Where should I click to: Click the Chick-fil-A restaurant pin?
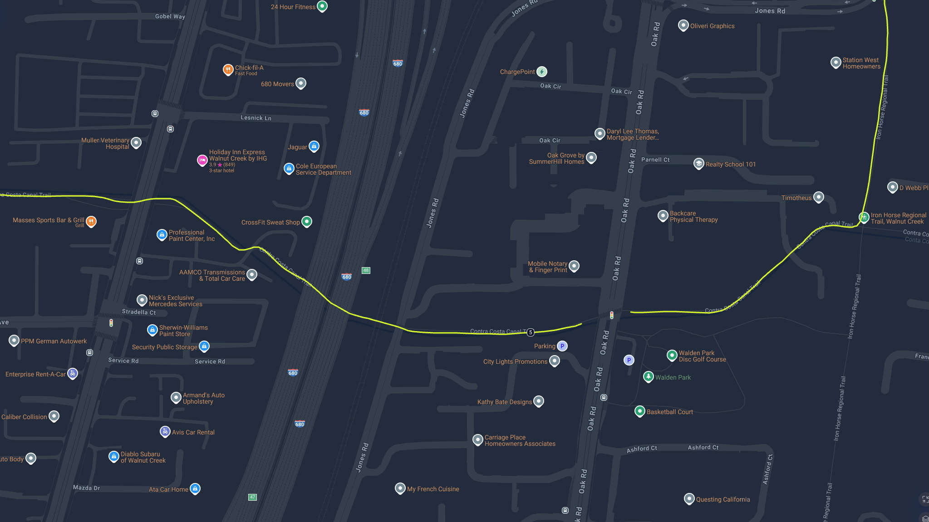pos(228,69)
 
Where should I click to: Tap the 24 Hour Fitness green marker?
pos(322,6)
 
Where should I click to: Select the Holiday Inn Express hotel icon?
pos(202,160)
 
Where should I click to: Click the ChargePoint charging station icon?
pos(541,72)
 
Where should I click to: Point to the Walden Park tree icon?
pos(649,376)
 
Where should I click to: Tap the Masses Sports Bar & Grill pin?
pos(91,221)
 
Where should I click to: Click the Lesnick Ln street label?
pos(256,118)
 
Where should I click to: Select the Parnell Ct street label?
pos(655,160)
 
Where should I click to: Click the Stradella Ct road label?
pos(139,312)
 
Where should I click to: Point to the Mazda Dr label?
pos(86,488)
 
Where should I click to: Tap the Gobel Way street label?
pos(170,16)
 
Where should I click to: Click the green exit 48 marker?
pos(366,270)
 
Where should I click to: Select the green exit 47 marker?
pos(253,497)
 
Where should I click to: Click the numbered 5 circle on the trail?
pos(531,332)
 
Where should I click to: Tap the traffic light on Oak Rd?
pos(612,315)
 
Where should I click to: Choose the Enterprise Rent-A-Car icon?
pos(73,373)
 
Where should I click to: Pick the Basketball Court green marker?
pos(639,411)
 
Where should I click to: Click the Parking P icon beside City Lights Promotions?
pos(562,346)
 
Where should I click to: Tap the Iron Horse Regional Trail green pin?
pos(864,217)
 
